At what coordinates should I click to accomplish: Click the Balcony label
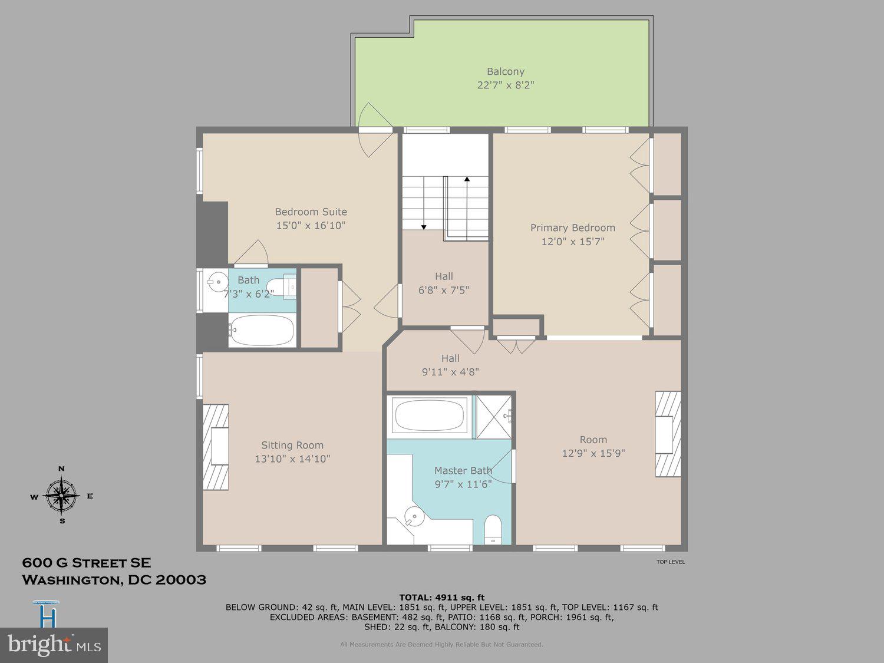click(505, 71)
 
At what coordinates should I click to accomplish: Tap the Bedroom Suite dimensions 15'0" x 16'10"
click(311, 225)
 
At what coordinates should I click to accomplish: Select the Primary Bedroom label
click(572, 227)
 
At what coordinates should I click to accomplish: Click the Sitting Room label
click(292, 445)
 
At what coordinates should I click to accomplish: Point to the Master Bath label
click(463, 470)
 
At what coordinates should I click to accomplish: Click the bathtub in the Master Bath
click(431, 416)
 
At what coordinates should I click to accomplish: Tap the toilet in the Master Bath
click(492, 529)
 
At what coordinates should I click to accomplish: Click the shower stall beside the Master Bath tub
click(494, 417)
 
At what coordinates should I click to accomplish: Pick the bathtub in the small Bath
click(262, 331)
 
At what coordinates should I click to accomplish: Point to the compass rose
click(61, 495)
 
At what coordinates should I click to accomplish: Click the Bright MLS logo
click(54, 645)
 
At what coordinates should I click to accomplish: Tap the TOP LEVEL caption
click(671, 562)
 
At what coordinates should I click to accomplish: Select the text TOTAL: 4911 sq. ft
click(441, 597)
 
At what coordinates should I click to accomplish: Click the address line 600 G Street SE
click(86, 563)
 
